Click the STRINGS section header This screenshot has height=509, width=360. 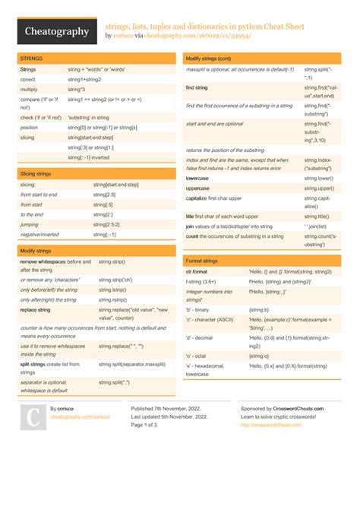(x=32, y=58)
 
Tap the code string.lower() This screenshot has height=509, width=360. (x=319, y=178)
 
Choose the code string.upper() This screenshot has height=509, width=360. (x=319, y=188)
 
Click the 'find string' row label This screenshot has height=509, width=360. (x=197, y=87)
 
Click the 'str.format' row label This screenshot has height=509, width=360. (x=197, y=271)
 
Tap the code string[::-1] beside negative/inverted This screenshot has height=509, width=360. (x=105, y=235)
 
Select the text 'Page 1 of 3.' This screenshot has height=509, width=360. (x=149, y=425)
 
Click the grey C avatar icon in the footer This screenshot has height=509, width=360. (x=33, y=417)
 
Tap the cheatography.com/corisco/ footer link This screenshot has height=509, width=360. (x=80, y=417)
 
